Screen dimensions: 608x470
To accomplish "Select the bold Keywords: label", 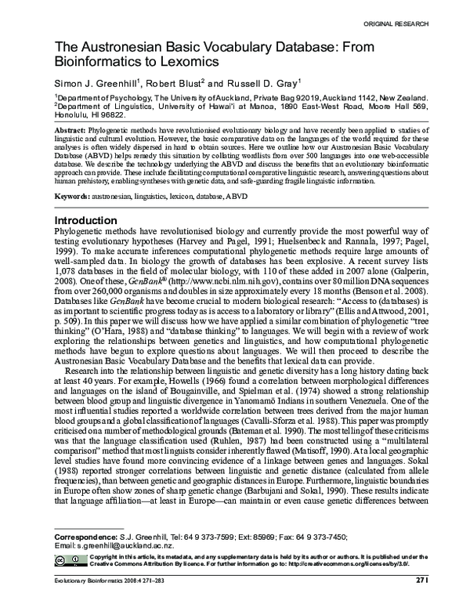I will (73, 193).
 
